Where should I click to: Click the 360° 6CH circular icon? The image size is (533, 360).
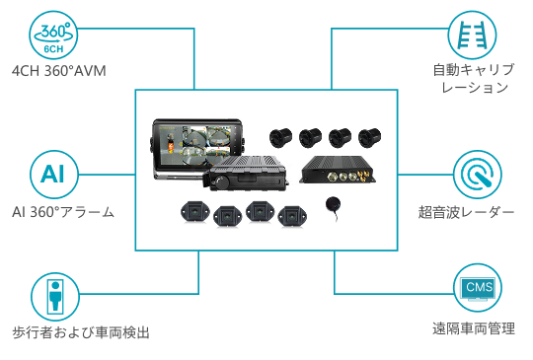pyautogui.click(x=53, y=36)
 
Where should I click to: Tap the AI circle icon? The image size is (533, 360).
pyautogui.click(x=54, y=175)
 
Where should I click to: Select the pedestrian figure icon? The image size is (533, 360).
pyautogui.click(x=55, y=297)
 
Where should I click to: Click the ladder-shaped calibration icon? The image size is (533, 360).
pyautogui.click(x=472, y=35)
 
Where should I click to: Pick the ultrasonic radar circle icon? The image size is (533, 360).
pyautogui.click(x=478, y=175)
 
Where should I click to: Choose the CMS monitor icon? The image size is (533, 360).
pyautogui.click(x=479, y=288)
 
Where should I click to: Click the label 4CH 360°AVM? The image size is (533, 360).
pyautogui.click(x=59, y=71)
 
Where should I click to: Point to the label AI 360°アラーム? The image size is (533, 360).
pyautogui.click(x=63, y=212)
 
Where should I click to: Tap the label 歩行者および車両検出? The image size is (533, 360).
pyautogui.click(x=81, y=332)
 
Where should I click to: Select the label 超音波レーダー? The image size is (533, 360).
pyautogui.click(x=466, y=212)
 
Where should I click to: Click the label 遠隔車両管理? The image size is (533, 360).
pyautogui.click(x=474, y=328)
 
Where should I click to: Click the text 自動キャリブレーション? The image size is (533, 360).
pyautogui.click(x=474, y=79)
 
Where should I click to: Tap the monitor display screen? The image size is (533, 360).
pyautogui.click(x=196, y=144)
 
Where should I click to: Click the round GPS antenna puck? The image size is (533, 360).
pyautogui.click(x=334, y=204)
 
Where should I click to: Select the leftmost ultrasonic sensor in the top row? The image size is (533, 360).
pyautogui.click(x=280, y=137)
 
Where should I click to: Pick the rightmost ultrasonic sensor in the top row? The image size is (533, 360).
pyautogui.click(x=370, y=137)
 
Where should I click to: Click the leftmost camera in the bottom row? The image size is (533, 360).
pyautogui.click(x=195, y=212)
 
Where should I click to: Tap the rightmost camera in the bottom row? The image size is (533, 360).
pyautogui.click(x=292, y=216)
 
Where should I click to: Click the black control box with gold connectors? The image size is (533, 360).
pyautogui.click(x=339, y=170)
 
